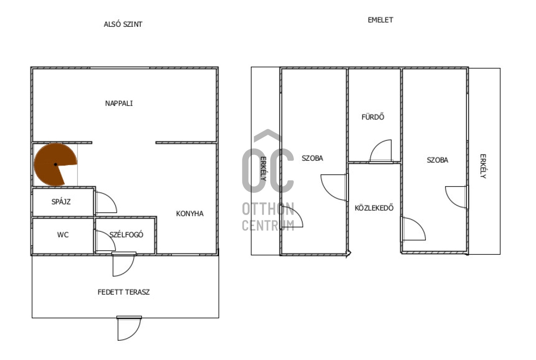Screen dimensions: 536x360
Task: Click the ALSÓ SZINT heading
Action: pos(123,24)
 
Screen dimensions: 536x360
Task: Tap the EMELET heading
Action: pos(380,20)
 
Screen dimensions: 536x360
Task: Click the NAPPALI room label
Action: pos(119,103)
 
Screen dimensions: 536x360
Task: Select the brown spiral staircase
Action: pos(56,164)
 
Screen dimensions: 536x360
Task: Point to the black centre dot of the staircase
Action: pos(56,164)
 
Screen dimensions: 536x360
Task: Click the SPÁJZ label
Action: pos(61,202)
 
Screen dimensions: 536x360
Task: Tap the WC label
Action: pos(63,235)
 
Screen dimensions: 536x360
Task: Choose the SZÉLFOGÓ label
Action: pos(126,234)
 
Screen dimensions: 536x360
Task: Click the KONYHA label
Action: pos(190,213)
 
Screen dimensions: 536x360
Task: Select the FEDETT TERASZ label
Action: pos(124,292)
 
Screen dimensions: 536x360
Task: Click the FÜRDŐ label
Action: pos(373,117)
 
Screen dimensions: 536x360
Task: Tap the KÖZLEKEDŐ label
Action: pos(374,207)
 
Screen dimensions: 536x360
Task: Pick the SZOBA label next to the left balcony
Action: pos(312,158)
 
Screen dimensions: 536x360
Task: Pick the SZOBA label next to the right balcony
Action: pos(438,160)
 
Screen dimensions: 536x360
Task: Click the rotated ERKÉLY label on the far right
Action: pos(483,166)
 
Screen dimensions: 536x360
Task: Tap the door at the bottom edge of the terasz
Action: pos(129,329)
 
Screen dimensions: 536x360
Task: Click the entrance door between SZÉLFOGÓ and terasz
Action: pos(124,265)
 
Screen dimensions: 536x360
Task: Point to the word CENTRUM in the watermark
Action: pos(268,225)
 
